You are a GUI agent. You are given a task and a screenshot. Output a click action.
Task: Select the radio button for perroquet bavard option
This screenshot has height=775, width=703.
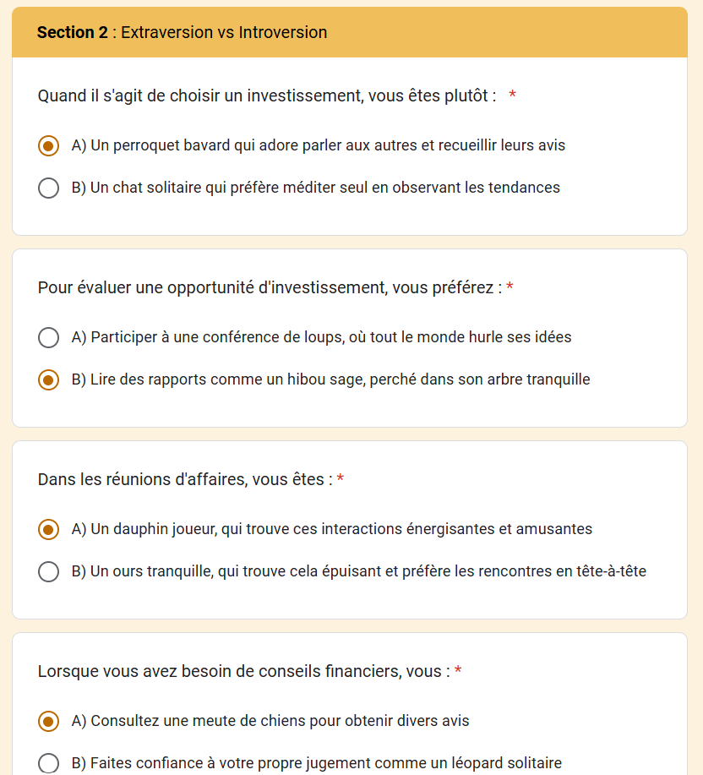point(49,145)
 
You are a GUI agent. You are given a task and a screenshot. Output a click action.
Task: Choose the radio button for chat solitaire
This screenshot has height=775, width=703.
point(49,188)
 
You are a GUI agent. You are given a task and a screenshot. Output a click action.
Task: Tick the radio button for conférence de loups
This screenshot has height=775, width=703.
point(49,337)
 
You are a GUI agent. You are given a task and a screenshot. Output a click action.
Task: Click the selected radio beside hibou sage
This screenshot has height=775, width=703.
point(49,379)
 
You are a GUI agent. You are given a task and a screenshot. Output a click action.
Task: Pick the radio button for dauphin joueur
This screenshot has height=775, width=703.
point(49,529)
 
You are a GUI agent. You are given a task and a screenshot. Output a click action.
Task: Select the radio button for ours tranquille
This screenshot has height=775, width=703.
point(49,571)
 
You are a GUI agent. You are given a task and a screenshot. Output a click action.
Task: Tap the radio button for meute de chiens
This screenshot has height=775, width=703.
point(49,721)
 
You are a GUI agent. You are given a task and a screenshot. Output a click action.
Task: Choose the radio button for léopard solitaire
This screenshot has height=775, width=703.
point(49,763)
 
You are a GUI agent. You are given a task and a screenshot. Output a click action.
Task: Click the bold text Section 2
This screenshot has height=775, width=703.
point(73,32)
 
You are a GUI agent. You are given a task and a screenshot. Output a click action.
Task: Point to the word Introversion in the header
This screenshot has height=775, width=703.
point(283,32)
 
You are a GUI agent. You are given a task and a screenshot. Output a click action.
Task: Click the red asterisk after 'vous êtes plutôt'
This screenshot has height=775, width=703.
point(513,96)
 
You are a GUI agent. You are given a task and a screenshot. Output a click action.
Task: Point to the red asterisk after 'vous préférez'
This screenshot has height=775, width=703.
point(510,288)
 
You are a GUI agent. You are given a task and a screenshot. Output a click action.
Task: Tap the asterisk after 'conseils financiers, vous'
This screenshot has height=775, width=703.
point(458,672)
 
